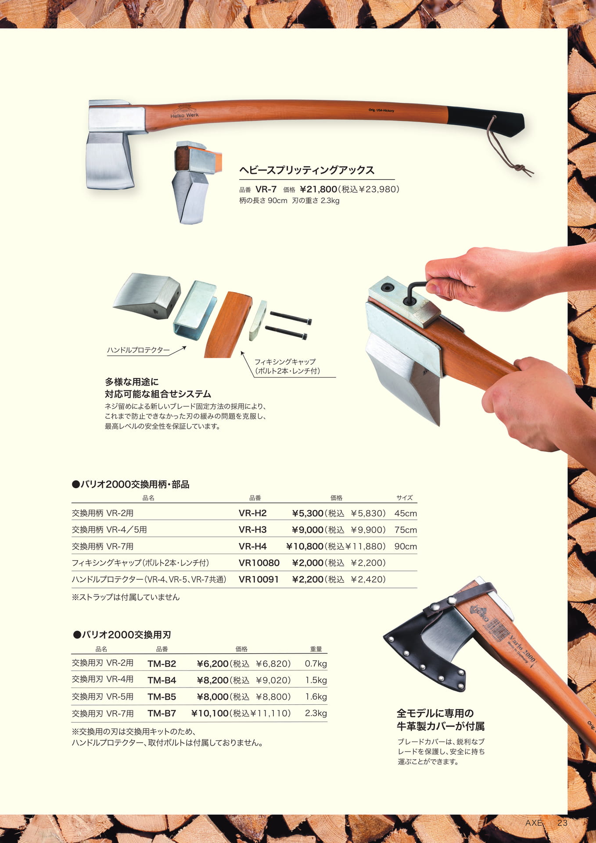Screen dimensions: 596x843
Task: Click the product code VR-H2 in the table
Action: point(252,513)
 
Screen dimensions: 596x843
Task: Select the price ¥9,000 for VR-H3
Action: point(308,530)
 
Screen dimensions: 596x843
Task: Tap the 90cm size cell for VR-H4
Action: point(406,547)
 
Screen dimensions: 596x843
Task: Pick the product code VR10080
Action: point(259,563)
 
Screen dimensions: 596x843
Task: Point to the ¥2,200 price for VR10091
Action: point(308,580)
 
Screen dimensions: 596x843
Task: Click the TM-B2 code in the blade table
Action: point(162,663)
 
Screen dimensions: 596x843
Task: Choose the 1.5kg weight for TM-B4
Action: point(316,680)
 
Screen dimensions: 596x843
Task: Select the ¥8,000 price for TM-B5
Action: point(213,697)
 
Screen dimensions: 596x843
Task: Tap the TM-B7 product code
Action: point(162,713)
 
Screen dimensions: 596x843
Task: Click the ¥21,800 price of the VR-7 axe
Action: point(319,189)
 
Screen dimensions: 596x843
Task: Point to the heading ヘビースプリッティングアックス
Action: point(307,170)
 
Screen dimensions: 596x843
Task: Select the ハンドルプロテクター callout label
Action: point(138,350)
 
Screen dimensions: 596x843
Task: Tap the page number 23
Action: point(562,823)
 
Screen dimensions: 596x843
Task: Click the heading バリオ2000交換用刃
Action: point(122,634)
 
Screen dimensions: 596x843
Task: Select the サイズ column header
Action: point(404,497)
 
